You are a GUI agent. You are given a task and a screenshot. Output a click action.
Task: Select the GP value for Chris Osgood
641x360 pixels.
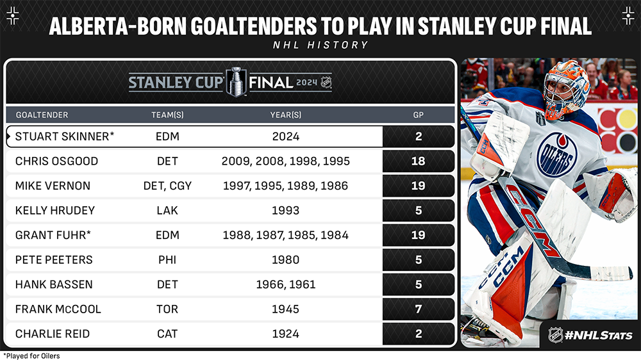tap(418, 161)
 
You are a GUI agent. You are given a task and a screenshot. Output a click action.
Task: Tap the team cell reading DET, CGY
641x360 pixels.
tap(167, 186)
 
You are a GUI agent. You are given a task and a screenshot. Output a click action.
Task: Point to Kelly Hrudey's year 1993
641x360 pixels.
tap(286, 211)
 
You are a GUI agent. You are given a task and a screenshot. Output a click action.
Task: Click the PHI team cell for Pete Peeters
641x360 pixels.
tap(167, 260)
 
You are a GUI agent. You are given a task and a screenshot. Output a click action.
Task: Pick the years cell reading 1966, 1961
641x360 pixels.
tap(286, 284)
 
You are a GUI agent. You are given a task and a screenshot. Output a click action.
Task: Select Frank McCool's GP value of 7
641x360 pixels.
tap(418, 309)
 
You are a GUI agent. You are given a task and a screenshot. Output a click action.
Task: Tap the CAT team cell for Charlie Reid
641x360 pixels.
tap(167, 334)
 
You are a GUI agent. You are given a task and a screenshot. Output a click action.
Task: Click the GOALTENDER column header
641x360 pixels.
tap(42, 115)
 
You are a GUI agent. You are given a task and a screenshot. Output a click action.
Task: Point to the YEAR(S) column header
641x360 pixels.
tap(286, 115)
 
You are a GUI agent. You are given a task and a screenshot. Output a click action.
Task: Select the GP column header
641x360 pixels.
tap(418, 115)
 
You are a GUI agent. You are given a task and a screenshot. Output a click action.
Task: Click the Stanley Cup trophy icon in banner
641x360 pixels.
tap(237, 82)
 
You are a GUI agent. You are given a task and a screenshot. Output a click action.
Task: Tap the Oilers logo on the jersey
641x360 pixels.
tap(556, 154)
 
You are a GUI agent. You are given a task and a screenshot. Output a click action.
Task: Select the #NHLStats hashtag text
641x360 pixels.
tap(599, 336)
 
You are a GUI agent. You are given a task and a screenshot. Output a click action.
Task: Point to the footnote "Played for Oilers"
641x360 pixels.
tap(31, 356)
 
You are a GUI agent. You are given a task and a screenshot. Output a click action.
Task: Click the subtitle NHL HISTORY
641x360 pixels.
tap(320, 45)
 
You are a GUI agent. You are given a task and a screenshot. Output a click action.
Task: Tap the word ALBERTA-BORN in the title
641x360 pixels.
tap(117, 26)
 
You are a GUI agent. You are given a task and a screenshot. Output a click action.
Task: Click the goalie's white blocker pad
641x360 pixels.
tap(499, 145)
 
